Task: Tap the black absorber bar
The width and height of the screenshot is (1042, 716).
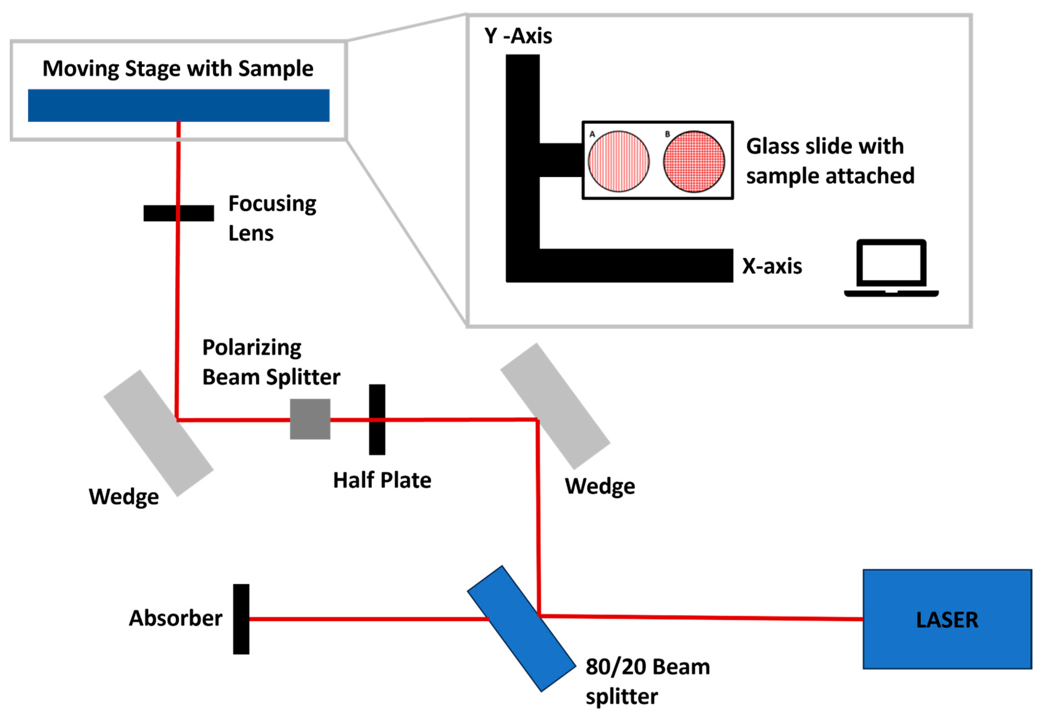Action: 241,619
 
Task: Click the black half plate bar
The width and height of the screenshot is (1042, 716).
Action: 377,420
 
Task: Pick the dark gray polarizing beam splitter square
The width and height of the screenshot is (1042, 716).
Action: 310,419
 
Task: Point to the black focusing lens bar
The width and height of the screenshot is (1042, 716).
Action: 178,213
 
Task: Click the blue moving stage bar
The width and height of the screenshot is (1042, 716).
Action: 178,106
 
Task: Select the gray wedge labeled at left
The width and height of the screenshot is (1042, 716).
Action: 158,433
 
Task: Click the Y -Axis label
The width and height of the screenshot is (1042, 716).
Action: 518,36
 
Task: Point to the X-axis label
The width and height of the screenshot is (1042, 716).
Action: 772,266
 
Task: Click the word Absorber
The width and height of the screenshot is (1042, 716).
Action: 175,619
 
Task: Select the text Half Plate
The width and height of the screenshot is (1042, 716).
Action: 382,480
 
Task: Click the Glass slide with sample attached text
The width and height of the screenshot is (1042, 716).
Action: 829,161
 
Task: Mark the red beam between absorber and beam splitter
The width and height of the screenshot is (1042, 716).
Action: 368,619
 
